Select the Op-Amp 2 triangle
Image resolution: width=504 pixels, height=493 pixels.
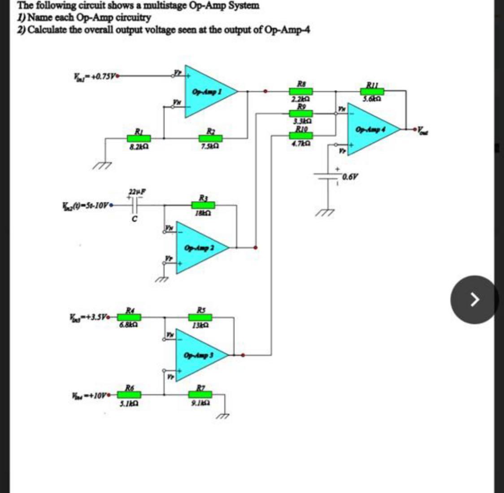click(x=199, y=247)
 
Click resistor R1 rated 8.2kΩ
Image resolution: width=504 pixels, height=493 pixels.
click(x=133, y=138)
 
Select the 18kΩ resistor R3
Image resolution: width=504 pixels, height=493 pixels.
click(x=203, y=205)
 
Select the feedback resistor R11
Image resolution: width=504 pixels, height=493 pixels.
click(x=372, y=91)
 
